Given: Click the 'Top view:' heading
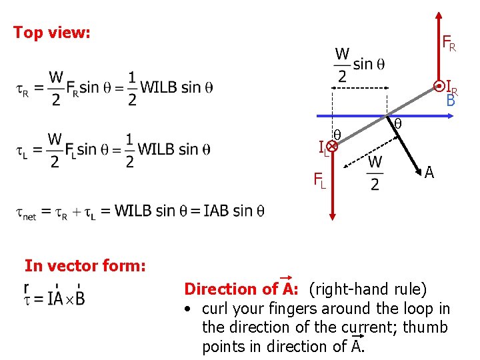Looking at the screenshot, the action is tap(52, 32).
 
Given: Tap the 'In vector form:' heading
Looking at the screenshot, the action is tap(85, 265).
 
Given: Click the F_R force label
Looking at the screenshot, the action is tap(449, 44).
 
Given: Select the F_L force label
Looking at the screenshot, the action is tap(320, 179).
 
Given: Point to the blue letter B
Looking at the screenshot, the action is tap(451, 101).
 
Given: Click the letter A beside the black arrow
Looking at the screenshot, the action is tap(429, 173).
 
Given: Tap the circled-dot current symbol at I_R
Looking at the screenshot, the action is tap(439, 86).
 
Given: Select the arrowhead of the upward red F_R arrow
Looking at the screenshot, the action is tap(438, 14).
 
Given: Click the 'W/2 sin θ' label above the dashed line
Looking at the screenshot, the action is tap(359, 65).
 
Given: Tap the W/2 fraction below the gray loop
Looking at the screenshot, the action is tap(375, 173).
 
